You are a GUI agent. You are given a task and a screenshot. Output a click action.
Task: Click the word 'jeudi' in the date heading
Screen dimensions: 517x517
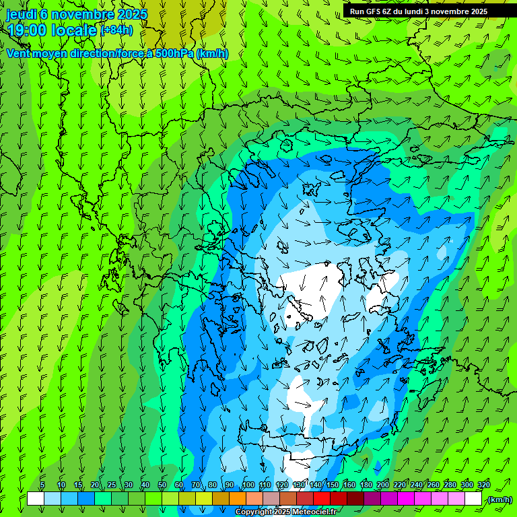22,14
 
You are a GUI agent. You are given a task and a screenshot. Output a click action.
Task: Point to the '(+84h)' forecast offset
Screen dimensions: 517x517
116,30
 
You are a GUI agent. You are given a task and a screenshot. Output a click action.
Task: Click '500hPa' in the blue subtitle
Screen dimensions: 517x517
174,53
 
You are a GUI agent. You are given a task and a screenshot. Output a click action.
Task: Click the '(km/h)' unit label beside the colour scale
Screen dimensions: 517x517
499,499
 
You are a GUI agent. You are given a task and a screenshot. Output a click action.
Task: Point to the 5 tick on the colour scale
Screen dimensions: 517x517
43,485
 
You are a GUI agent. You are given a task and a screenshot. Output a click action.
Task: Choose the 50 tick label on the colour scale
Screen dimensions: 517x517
162,485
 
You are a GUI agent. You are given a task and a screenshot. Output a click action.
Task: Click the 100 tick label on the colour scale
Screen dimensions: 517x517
248,485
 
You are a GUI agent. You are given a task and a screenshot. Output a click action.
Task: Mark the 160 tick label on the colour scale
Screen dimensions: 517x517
349,485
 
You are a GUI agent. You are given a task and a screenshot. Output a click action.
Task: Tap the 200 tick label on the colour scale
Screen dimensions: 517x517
383,485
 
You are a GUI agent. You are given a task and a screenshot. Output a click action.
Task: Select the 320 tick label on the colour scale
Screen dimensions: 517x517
483,485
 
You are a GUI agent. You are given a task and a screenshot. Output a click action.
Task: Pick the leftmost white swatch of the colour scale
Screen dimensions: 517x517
36,499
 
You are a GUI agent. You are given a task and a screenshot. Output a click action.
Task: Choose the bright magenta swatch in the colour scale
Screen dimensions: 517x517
406,499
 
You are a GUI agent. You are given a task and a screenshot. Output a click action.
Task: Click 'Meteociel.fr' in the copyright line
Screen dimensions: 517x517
314,512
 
